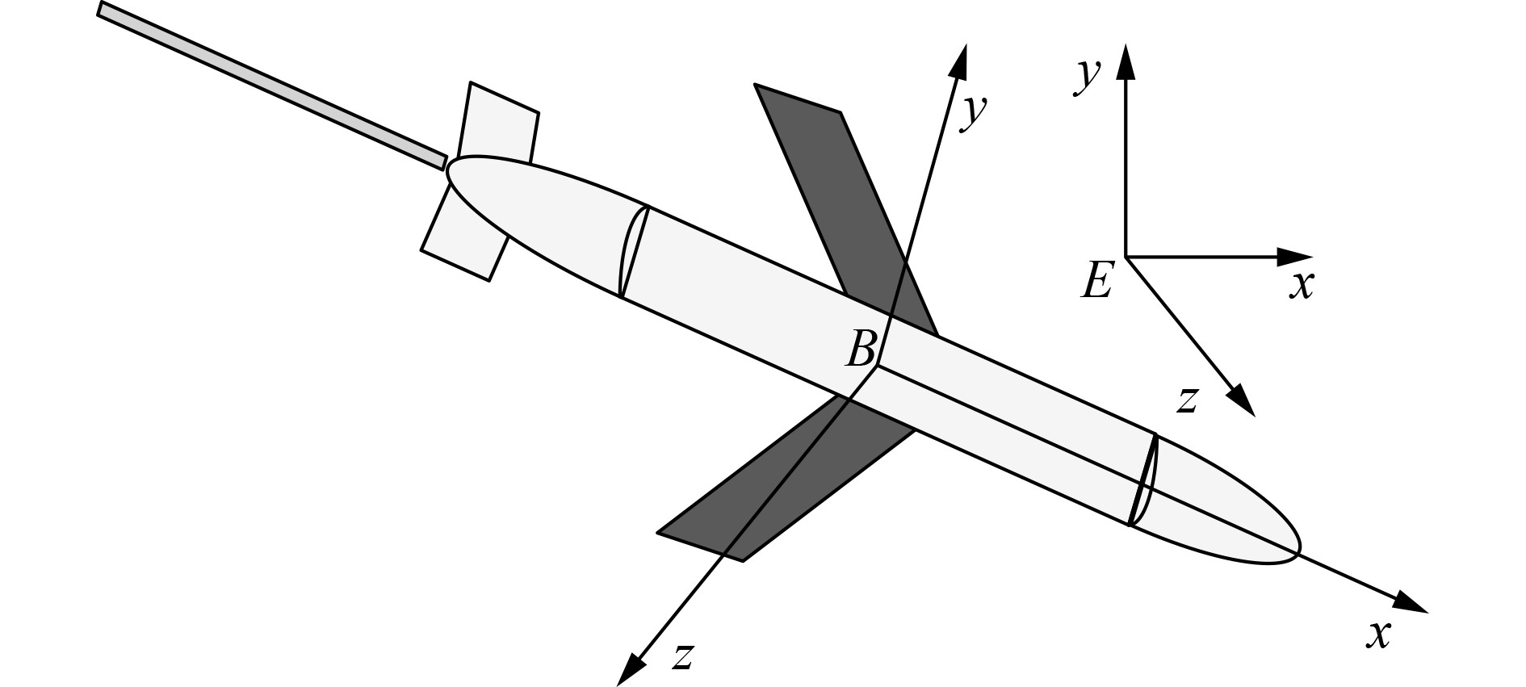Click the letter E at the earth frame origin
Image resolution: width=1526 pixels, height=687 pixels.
pos(1097,281)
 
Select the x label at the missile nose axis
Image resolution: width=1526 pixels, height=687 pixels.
pos(1379,635)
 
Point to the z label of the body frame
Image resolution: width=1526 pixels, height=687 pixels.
pos(683,656)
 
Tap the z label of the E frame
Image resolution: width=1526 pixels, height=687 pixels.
pos(1186,399)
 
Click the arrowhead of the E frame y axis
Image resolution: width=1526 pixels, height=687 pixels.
pos(1125,61)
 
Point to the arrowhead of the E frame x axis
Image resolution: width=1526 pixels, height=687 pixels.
pos(1295,258)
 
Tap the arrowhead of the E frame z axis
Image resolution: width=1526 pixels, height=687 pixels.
pos(1242,400)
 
